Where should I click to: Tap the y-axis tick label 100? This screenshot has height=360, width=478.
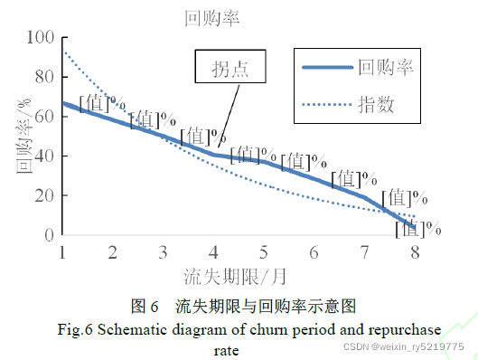(41, 38)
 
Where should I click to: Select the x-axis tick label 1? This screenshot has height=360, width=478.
(62, 252)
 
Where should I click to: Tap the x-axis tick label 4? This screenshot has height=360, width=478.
(213, 252)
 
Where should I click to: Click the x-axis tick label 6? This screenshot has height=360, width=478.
(314, 252)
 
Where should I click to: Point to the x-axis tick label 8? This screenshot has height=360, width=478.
(415, 252)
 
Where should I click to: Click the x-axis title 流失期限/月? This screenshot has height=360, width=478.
(237, 274)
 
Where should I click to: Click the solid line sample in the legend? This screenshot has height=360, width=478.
(326, 67)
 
